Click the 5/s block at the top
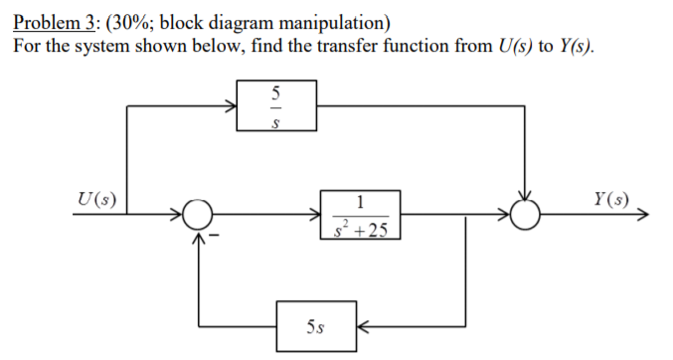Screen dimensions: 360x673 pos(276,105)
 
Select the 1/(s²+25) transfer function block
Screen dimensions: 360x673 pos(360,215)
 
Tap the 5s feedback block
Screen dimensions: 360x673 pos(316,325)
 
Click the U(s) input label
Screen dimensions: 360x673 pos(94,198)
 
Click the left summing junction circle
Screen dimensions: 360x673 pos(199,214)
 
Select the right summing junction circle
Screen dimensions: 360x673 pos(524,214)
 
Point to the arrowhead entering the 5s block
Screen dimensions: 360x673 pos(363,325)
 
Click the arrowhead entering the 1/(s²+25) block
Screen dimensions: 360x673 pos(315,214)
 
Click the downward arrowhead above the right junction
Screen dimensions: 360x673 pos(524,196)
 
